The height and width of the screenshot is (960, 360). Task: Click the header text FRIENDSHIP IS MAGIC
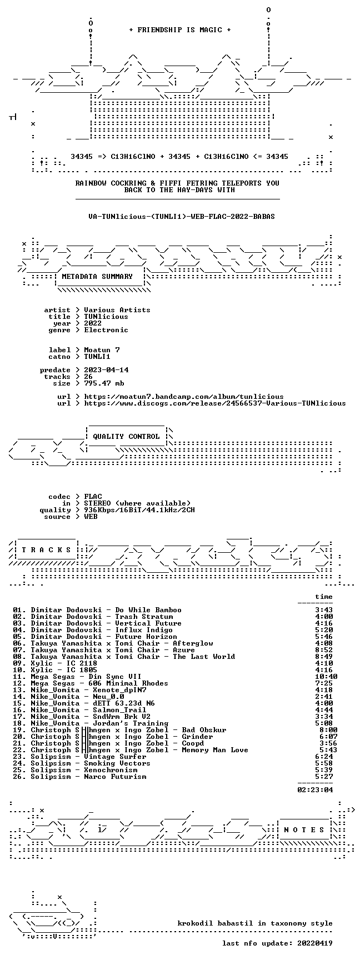pyautogui.click(x=179, y=30)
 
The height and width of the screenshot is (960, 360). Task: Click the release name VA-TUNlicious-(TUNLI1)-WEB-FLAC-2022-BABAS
pyautogui.click(x=182, y=217)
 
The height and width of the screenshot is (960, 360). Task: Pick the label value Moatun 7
pyautogui.click(x=102, y=350)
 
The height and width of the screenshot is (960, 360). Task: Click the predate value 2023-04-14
pyautogui.click(x=106, y=370)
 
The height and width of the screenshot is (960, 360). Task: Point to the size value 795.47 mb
pyautogui.click(x=104, y=383)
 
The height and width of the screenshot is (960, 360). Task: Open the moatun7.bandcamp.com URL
pyautogui.click(x=184, y=397)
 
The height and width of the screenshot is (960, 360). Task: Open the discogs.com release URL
pyautogui.click(x=215, y=403)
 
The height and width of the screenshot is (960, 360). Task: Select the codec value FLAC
pyautogui.click(x=93, y=497)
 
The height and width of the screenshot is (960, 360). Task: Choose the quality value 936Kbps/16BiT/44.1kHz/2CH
pyautogui.click(x=139, y=510)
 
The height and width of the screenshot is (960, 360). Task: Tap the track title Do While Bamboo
pyautogui.click(x=148, y=610)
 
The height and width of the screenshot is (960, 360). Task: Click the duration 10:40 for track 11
pyautogui.click(x=326, y=677)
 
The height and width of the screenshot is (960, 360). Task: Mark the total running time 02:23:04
pyautogui.click(x=315, y=790)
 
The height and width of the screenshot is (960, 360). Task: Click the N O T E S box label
pyautogui.click(x=304, y=830)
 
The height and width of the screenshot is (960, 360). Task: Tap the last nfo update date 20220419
pyautogui.click(x=315, y=943)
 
